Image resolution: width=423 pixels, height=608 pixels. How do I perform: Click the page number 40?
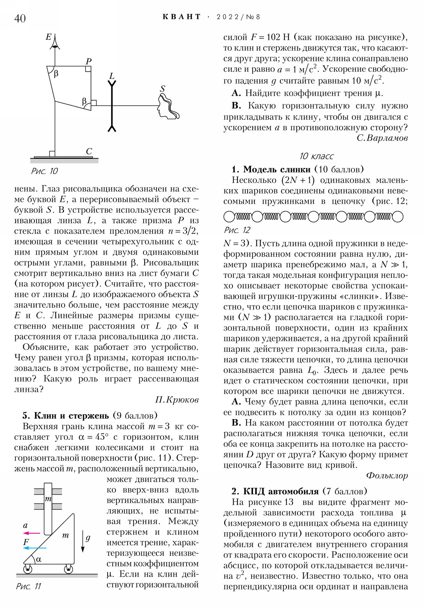click(x=20, y=18)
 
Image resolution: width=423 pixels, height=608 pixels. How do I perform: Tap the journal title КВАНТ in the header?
click(x=182, y=17)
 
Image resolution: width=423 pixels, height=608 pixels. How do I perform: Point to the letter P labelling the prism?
click(x=89, y=61)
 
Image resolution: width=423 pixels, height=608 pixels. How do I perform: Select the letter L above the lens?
click(x=112, y=76)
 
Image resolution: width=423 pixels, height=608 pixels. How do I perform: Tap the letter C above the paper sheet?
click(x=89, y=151)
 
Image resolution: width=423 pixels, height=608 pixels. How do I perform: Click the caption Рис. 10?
click(x=44, y=171)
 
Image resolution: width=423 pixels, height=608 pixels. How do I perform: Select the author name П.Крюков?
click(x=177, y=400)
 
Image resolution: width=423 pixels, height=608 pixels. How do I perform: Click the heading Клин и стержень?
click(x=71, y=416)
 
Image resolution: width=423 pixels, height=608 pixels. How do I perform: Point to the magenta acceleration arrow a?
click(x=31, y=533)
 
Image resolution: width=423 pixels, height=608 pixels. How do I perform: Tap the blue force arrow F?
click(x=35, y=548)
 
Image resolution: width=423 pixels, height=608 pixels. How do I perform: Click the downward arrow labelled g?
click(x=83, y=541)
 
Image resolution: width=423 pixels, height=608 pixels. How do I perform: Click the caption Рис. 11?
click(x=29, y=586)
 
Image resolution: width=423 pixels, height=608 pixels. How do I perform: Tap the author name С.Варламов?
click(x=382, y=138)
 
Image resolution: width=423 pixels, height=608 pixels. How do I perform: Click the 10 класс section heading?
click(x=316, y=156)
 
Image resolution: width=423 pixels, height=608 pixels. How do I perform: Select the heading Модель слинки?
click(x=277, y=169)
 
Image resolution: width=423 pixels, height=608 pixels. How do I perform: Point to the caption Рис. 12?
click(x=237, y=230)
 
